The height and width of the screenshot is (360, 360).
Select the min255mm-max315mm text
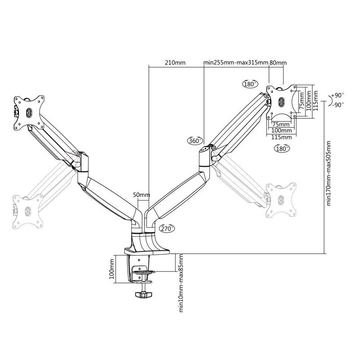click(235, 63)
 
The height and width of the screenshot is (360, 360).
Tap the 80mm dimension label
click(278, 63)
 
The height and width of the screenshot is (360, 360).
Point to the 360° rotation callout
click(195, 141)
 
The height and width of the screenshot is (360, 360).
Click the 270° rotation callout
click(167, 229)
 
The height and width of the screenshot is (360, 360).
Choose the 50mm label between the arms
click(141, 195)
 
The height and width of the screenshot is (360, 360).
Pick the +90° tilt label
click(337, 95)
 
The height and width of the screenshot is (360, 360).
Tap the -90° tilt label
click(337, 104)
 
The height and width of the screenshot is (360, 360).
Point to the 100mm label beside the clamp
click(112, 269)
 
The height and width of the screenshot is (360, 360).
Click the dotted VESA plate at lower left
click(27, 210)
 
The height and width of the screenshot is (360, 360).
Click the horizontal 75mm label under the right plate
click(281, 124)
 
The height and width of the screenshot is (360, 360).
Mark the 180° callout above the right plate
click(250, 84)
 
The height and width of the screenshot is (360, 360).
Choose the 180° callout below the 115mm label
click(282, 148)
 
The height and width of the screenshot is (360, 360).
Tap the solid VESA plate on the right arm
click(282, 101)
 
